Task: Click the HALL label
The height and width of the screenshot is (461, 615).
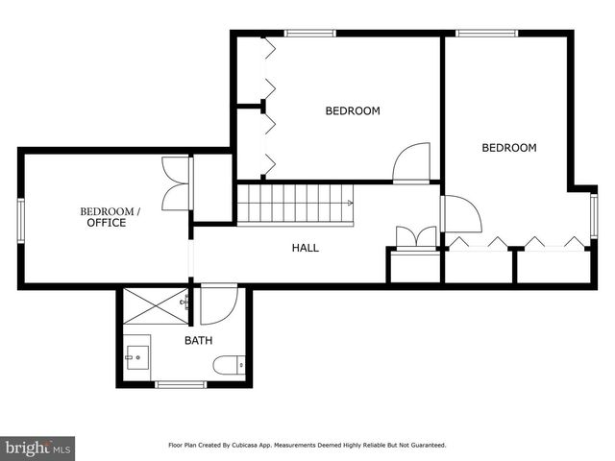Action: pyautogui.click(x=306, y=248)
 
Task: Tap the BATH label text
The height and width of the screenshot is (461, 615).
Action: pyautogui.click(x=199, y=340)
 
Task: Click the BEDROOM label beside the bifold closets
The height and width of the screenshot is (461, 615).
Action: pyautogui.click(x=353, y=111)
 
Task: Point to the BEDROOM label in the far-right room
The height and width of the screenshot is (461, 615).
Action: pyautogui.click(x=508, y=148)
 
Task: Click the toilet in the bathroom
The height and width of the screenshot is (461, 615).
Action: pyautogui.click(x=230, y=365)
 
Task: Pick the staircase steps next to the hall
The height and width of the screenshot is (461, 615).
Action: pyautogui.click(x=294, y=204)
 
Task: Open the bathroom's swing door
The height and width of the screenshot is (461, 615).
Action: pyautogui.click(x=218, y=304)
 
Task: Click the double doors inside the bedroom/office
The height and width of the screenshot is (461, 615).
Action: pyautogui.click(x=178, y=183)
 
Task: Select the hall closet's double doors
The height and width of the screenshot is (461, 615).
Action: pyautogui.click(x=415, y=237)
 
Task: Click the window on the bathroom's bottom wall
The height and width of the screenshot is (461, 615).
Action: pyautogui.click(x=181, y=384)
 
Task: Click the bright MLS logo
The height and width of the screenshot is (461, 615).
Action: pyautogui.click(x=37, y=448)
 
